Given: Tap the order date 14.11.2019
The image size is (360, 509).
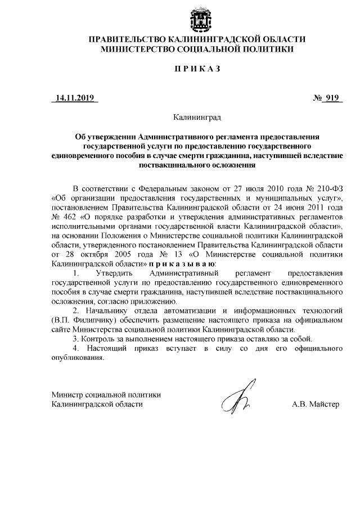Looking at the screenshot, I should [74, 98].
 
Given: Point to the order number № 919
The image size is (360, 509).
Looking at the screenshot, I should [327, 98].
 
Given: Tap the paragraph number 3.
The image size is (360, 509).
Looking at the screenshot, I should [76, 339].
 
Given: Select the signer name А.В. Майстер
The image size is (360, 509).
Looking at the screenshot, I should [316, 404].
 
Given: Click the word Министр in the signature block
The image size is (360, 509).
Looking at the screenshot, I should [66, 395].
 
